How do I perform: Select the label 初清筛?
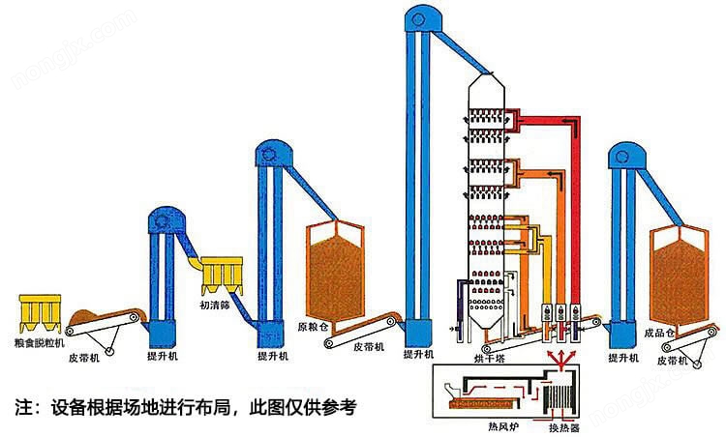218,306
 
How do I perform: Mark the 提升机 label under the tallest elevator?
417,356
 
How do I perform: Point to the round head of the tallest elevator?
418,16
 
